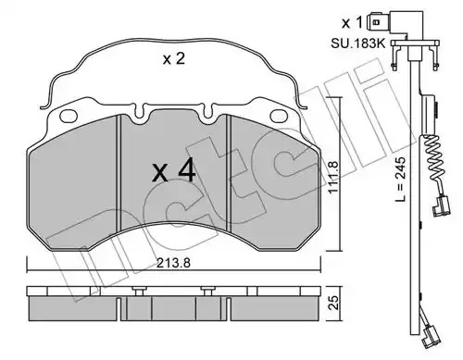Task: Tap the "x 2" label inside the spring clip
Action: click(174, 58)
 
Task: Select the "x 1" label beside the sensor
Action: click(351, 22)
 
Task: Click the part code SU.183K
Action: click(358, 43)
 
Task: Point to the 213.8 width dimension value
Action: click(173, 263)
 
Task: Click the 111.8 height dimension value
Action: click(334, 177)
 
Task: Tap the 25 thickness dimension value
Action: click(334, 303)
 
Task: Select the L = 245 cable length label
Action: click(400, 180)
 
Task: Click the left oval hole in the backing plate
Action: click(69, 116)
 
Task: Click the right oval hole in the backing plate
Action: click(279, 116)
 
